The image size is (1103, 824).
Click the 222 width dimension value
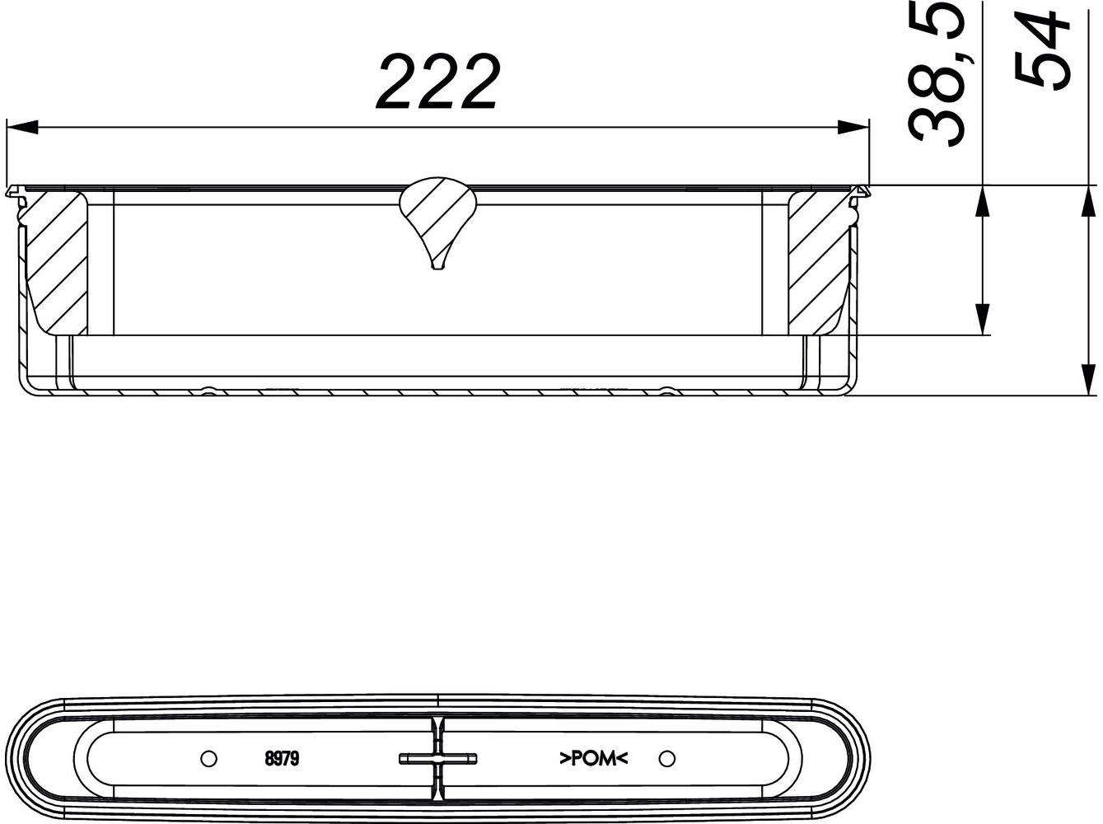437,82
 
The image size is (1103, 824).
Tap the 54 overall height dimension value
1043,49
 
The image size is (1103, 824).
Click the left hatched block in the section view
57,260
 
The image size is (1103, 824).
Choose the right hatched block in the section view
818,260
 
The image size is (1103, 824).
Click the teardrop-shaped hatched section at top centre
437,214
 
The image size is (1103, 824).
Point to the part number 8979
281,758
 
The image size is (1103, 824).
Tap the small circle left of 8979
208,757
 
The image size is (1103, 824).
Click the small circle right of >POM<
667,757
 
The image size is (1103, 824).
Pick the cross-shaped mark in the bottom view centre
437,758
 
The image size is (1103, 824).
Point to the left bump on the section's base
209,391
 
